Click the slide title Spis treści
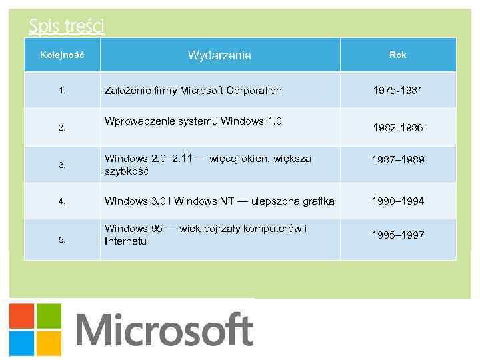67,26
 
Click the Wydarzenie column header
219,55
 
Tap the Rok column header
398,55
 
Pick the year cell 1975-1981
398,90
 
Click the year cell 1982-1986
398,127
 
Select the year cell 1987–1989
398,160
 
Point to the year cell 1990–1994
398,201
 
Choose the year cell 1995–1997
398,235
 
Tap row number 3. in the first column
61,165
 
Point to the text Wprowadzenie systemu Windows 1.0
193,121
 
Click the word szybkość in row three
126,171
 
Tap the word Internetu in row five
125,241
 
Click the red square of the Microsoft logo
21,316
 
